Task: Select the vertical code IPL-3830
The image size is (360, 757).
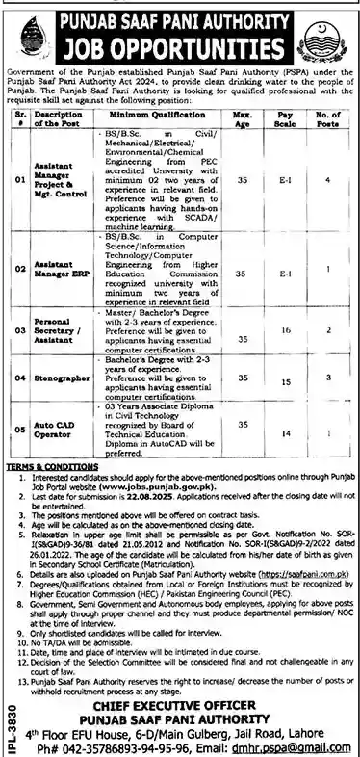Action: pos(11,713)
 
